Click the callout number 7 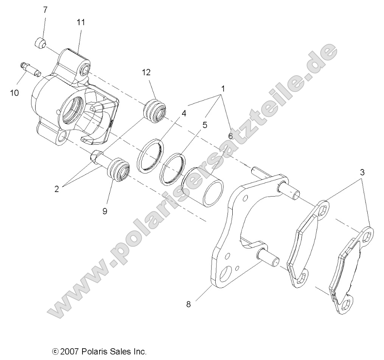(x=45, y=9)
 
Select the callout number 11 (x=81, y=22)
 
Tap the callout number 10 (x=14, y=92)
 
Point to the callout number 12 (x=146, y=72)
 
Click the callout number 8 (x=188, y=304)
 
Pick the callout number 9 (x=105, y=211)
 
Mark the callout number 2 (x=57, y=189)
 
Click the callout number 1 (x=223, y=89)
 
